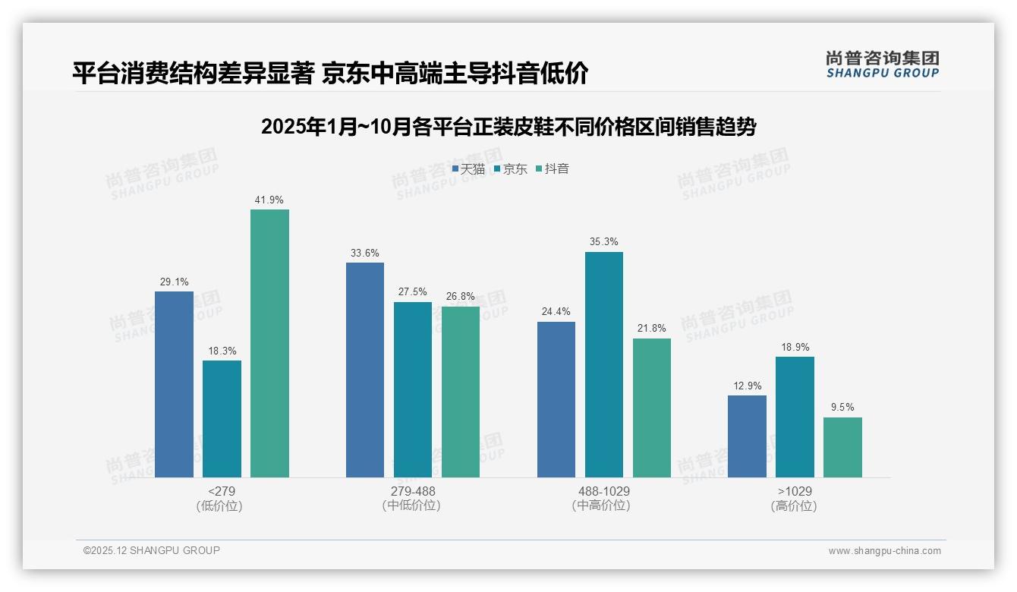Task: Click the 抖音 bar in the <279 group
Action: click(269, 343)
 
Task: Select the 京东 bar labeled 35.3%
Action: click(604, 364)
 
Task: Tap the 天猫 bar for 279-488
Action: click(365, 370)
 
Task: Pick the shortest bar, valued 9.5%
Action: click(842, 447)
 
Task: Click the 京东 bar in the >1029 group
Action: click(795, 417)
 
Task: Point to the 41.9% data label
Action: click(269, 200)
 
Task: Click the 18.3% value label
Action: click(222, 351)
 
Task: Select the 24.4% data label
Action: click(556, 312)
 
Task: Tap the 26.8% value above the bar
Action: click(461, 297)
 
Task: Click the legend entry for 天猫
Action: click(468, 169)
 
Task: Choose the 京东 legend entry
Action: click(511, 169)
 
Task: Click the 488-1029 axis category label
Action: click(604, 491)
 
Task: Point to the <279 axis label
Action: click(221, 491)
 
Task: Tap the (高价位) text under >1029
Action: click(794, 506)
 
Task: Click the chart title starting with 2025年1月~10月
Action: click(508, 127)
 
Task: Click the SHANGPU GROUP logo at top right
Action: click(882, 64)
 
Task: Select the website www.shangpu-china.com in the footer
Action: click(884, 551)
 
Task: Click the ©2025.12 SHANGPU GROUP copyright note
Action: click(152, 550)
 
